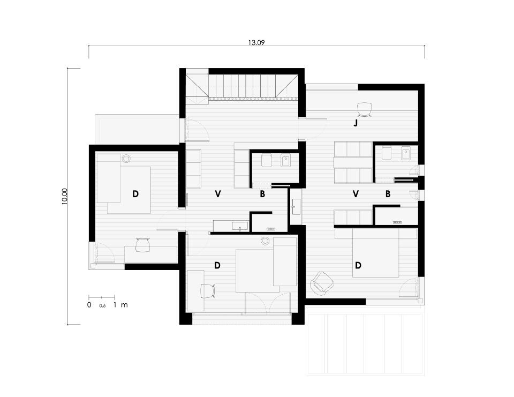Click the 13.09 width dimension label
coord(256,42)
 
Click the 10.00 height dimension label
coord(64,197)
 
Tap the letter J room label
coord(356,123)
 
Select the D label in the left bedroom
coord(135,194)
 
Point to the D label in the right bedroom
coord(358,265)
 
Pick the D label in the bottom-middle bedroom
coord(217,265)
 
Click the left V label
coord(218,194)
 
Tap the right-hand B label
coord(388,194)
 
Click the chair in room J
coord(364,110)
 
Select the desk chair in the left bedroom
coord(142,245)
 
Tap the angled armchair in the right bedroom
coord(322,282)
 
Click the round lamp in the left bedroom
coord(126,159)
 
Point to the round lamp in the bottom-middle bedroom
coord(265,241)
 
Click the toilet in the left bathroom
coord(266,160)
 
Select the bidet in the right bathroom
coord(406,153)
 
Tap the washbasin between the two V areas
coord(296,207)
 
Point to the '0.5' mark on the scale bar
coord(102,306)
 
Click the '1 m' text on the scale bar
coord(120,305)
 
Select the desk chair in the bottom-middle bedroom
coord(207,291)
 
